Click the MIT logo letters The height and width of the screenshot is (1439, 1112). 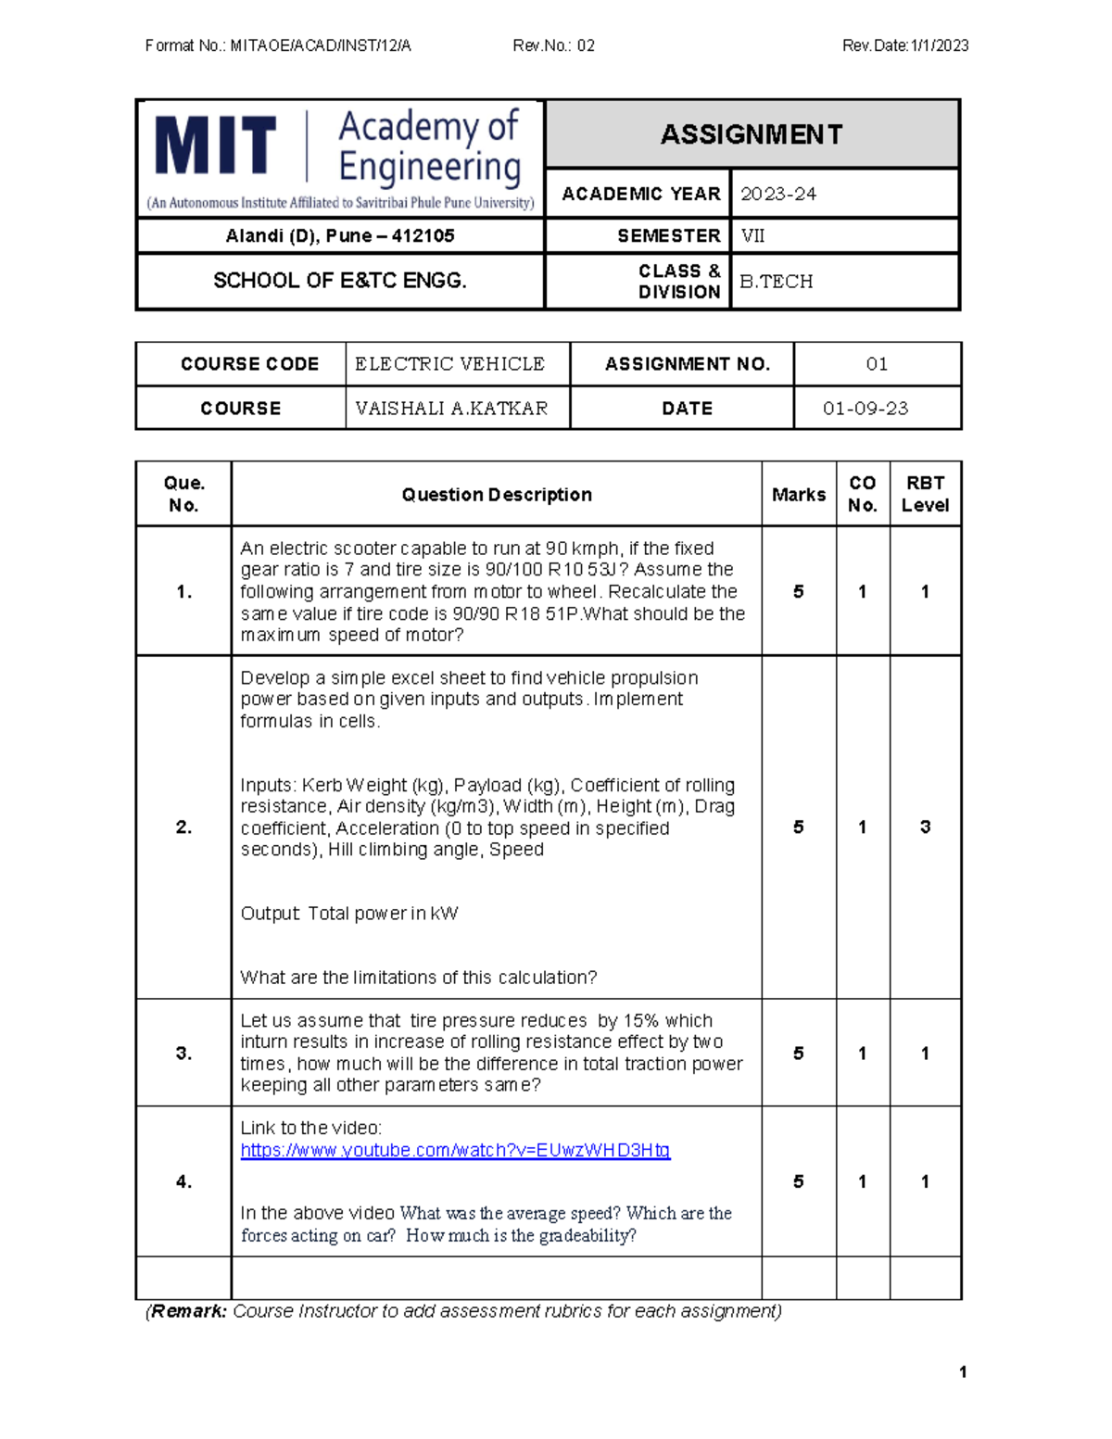pos(215,146)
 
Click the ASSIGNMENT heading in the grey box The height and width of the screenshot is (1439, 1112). pos(752,134)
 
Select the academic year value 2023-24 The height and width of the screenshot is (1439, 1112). pos(778,194)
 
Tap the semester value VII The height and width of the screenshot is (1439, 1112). pos(752,235)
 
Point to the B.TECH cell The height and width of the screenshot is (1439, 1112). pos(776,281)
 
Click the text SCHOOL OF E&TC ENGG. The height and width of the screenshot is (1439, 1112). pos(340,281)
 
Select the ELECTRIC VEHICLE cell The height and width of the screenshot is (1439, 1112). pos(449,363)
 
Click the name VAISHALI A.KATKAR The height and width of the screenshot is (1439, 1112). pos(451,408)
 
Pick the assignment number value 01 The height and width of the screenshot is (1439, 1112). pos(877,363)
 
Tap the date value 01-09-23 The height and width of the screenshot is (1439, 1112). pos(866,408)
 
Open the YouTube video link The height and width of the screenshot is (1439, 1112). pos(455,1150)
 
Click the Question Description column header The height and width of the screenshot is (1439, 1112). pos(497,495)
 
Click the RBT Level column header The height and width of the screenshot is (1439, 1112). pos(925,494)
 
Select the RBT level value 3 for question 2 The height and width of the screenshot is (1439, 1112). pos(925,827)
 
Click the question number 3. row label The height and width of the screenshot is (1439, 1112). pos(183,1053)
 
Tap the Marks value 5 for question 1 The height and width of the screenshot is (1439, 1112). pos(798,591)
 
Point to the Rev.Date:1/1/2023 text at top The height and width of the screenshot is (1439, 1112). pos(905,45)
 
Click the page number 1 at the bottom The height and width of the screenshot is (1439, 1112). pos(963,1371)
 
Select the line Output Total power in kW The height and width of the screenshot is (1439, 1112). pos(349,914)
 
